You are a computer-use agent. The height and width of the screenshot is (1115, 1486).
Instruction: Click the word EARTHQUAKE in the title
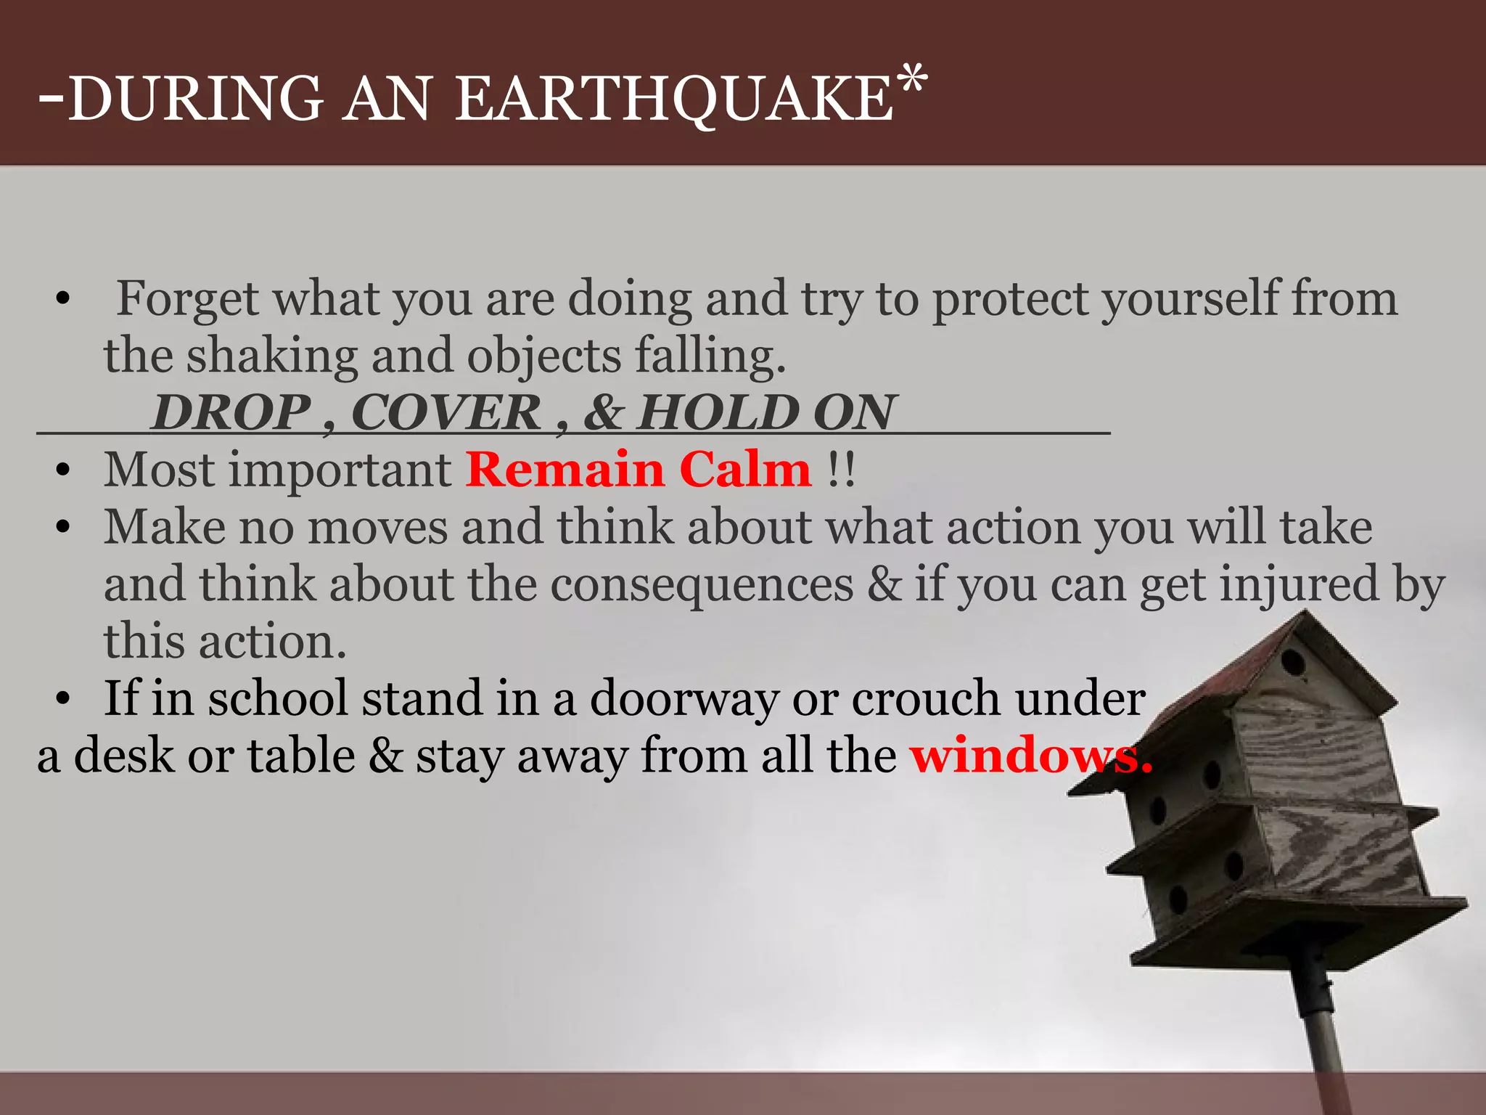[x=675, y=100]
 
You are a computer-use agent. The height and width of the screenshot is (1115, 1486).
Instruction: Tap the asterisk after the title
[x=911, y=78]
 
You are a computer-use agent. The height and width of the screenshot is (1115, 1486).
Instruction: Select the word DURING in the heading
[x=196, y=99]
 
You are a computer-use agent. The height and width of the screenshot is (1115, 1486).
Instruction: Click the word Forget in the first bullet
[x=187, y=298]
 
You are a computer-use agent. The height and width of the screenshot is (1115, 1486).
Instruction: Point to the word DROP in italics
[x=231, y=412]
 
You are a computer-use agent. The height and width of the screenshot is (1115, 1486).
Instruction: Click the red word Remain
[x=565, y=470]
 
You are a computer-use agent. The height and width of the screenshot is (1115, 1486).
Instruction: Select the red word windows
[x=1030, y=756]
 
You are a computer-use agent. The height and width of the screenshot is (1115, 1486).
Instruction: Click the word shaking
[x=272, y=356]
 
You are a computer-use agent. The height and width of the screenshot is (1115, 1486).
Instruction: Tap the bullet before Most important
[x=63, y=470]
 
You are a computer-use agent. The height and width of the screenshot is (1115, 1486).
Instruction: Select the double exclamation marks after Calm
[x=842, y=470]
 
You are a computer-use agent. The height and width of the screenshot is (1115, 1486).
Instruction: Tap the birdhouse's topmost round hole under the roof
[x=1292, y=662]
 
